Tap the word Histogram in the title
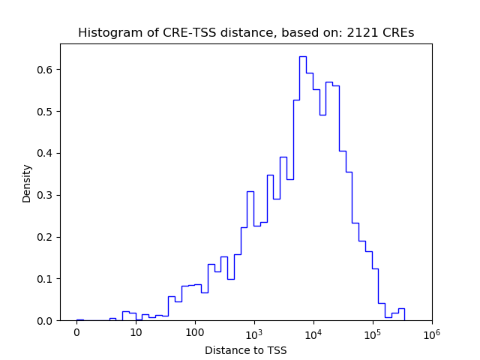coord(106,33)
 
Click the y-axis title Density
coord(27,183)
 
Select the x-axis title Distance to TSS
coord(246,350)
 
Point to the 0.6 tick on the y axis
coord(44,70)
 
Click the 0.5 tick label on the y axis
coord(44,112)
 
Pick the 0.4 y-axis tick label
coord(44,154)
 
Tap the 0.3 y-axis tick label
coord(44,195)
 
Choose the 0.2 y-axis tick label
coord(44,237)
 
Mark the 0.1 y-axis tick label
coord(44,279)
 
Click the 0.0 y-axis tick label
coord(44,321)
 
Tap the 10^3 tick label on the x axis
coord(254,333)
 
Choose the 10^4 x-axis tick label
coord(313,333)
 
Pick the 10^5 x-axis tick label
coord(373,333)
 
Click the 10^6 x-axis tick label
coord(431,333)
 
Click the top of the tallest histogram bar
coord(302,57)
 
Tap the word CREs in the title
coord(400,33)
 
